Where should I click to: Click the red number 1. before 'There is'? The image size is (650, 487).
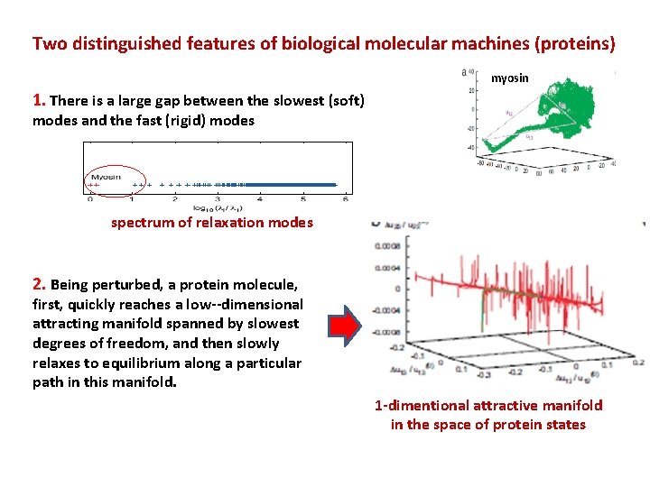[39, 101]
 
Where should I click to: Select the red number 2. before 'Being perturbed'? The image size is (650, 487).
[39, 285]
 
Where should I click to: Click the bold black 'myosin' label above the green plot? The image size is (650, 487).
[511, 78]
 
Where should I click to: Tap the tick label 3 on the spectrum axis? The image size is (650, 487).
[218, 198]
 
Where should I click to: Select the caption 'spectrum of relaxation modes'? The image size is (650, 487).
[212, 223]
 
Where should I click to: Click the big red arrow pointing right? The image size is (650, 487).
[342, 326]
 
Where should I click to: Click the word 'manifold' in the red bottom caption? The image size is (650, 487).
[572, 406]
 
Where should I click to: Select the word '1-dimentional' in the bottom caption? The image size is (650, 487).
[419, 406]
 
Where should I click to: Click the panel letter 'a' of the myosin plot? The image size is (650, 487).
[463, 72]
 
